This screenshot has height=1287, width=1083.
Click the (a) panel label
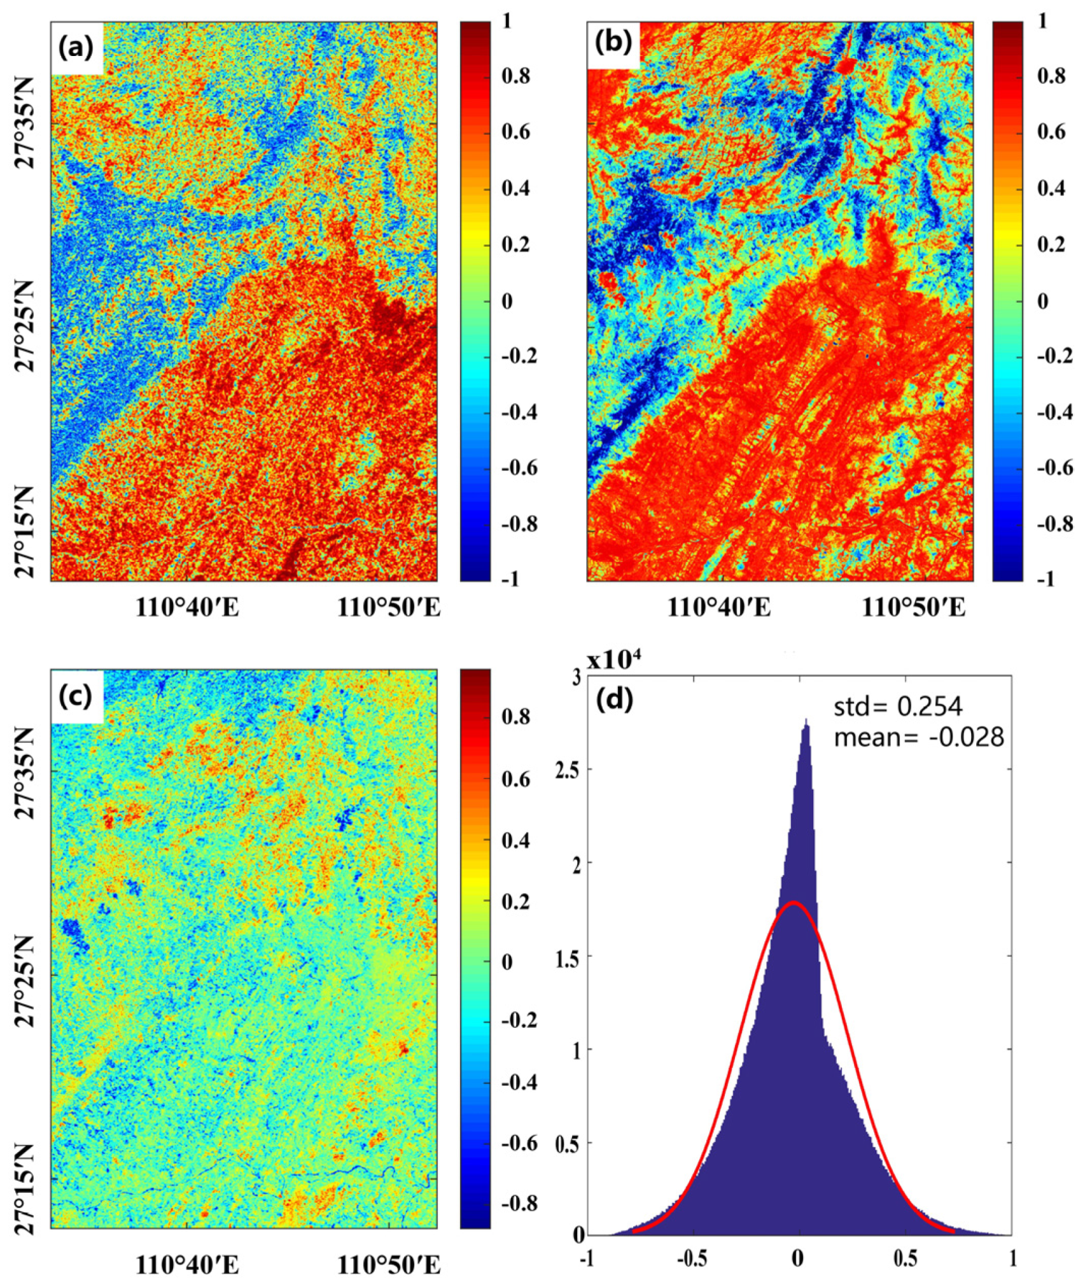76,48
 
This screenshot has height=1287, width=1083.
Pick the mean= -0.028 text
918,738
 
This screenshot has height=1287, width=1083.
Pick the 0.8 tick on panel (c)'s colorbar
515,717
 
